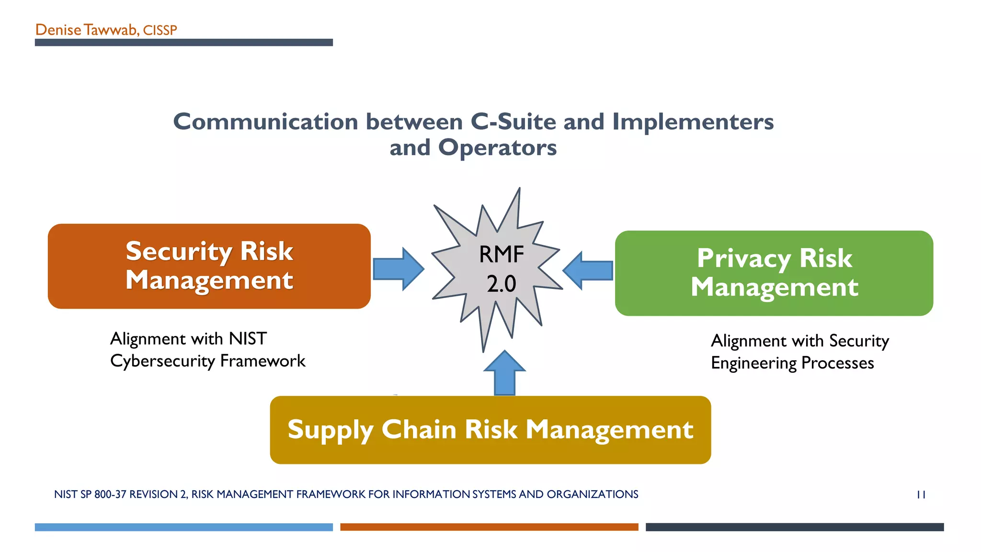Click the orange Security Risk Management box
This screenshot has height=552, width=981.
click(x=209, y=266)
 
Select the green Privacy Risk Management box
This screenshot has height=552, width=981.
click(x=774, y=273)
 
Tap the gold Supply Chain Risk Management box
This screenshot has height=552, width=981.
click(x=490, y=429)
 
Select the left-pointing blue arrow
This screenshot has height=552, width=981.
click(x=588, y=270)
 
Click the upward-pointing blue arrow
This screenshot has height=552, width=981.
click(x=504, y=373)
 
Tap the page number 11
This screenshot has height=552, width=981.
click(x=921, y=494)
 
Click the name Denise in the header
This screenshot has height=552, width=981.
click(x=58, y=30)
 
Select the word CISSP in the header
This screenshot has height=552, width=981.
click(x=160, y=31)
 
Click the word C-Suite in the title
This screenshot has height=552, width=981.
click(x=513, y=122)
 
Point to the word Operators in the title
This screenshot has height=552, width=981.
click(x=497, y=148)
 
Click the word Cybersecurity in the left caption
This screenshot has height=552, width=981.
click(x=163, y=361)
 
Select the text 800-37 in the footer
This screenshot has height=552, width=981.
click(x=110, y=494)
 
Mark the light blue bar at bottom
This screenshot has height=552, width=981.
click(x=183, y=527)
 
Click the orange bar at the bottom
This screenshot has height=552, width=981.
click(x=489, y=527)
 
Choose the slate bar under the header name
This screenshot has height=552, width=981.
click(x=183, y=43)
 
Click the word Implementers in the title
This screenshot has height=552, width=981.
click(x=693, y=122)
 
